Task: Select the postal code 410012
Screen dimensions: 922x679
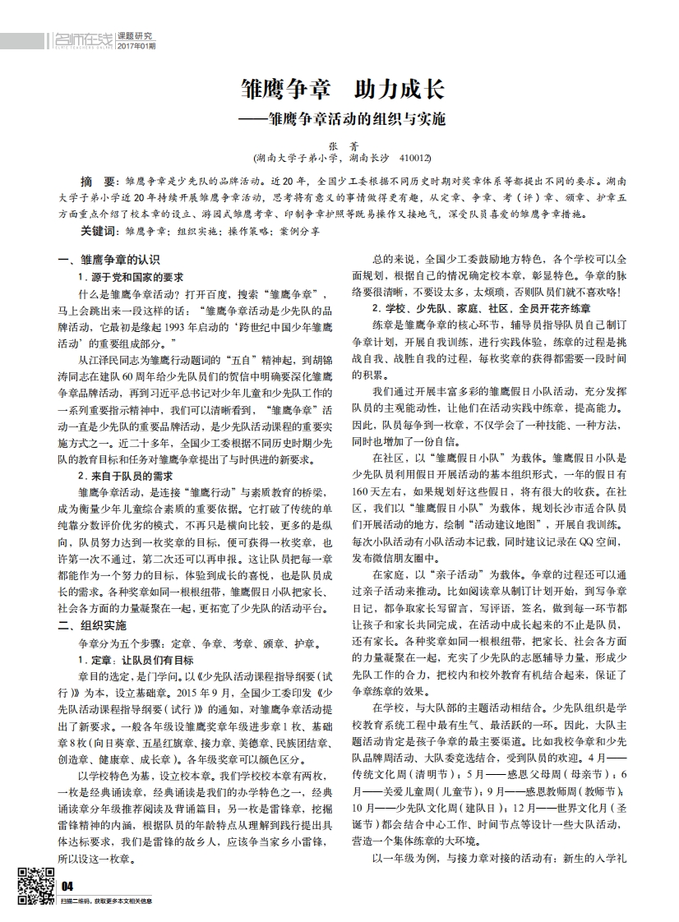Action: point(413,156)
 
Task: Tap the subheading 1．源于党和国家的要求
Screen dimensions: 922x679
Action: point(131,277)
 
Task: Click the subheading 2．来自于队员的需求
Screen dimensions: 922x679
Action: point(125,476)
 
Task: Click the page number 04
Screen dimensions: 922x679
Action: point(68,885)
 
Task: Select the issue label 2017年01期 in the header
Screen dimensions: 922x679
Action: point(136,45)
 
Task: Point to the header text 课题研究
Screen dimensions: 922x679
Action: point(136,35)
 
